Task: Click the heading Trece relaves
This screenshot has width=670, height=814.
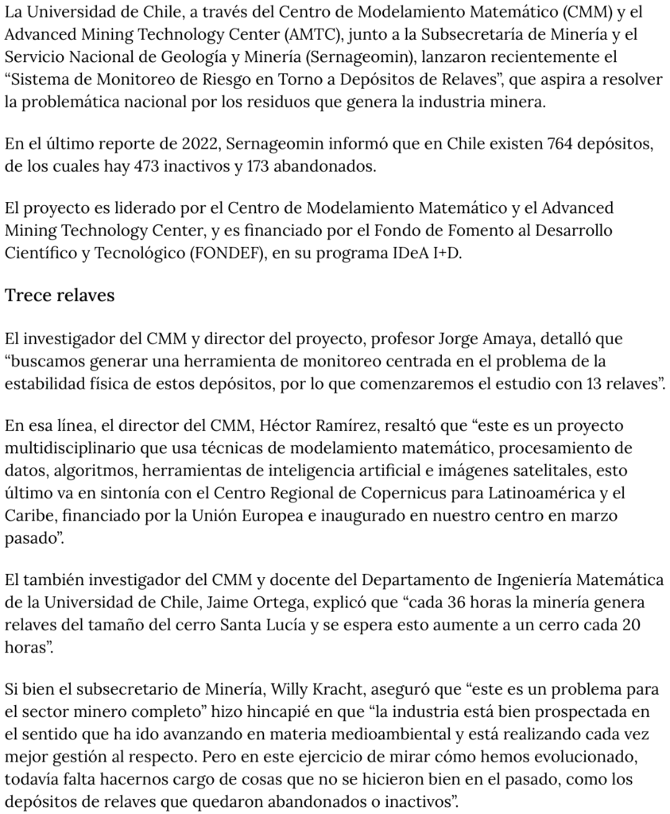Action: point(60,296)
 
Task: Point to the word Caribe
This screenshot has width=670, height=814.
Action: point(28,515)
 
